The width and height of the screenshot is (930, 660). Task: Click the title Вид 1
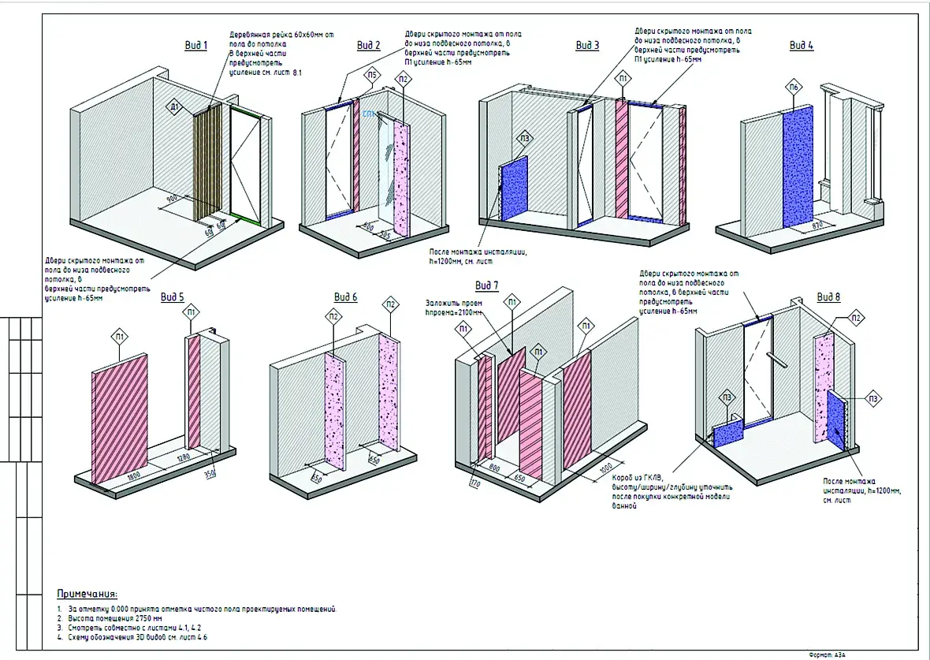pos(195,46)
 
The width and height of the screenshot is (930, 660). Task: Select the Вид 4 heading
pos(802,46)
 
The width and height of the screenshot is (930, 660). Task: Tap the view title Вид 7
pos(487,285)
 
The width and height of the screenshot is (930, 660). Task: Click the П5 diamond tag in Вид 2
pos(373,76)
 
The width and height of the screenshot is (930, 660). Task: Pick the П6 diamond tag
pos(795,86)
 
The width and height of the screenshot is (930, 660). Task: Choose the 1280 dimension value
pos(184,457)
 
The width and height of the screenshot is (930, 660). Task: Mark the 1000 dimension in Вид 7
pos(606,466)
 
